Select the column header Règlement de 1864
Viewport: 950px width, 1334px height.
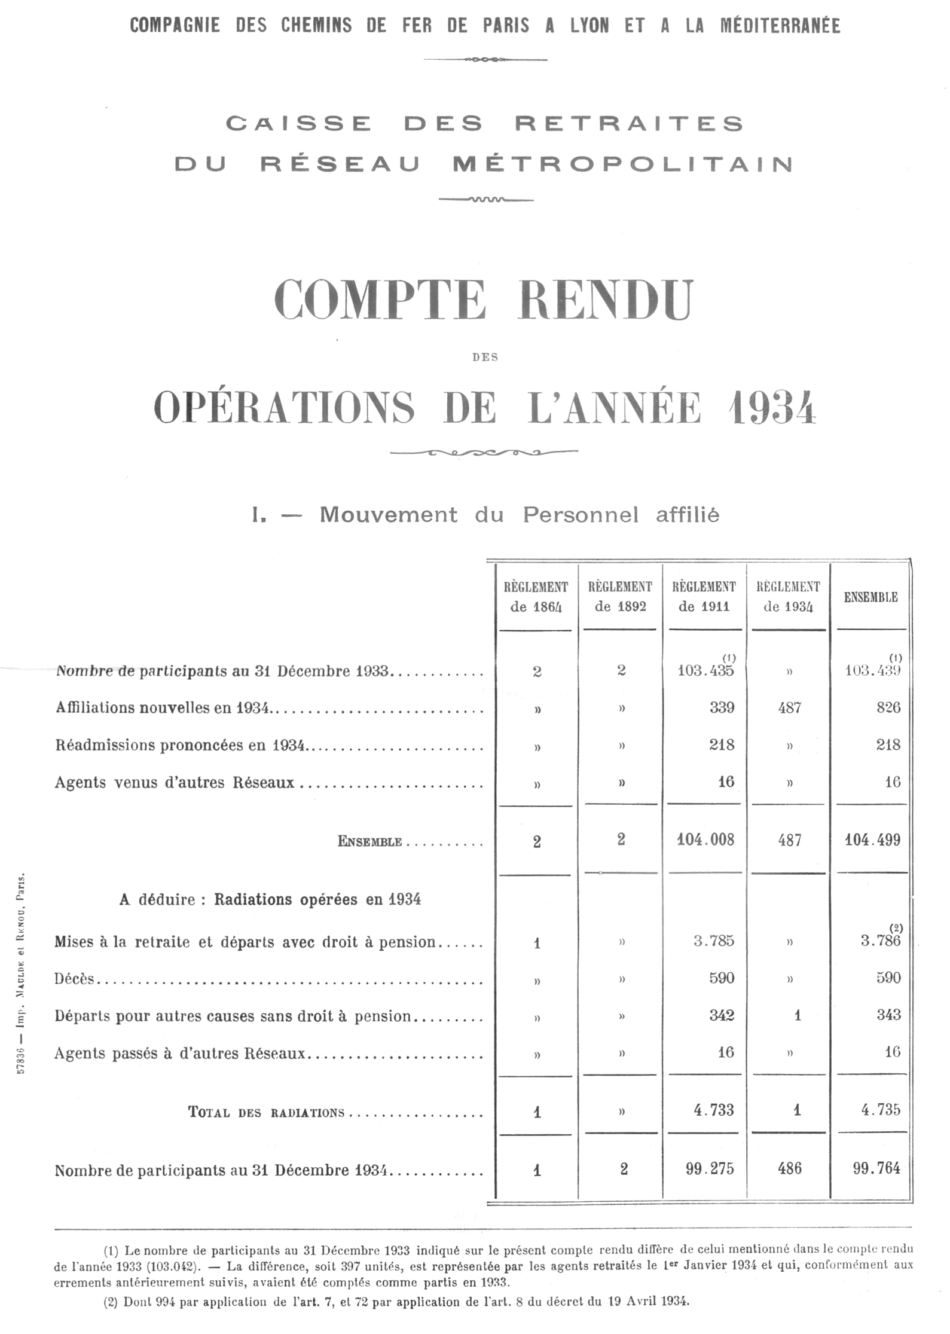pos(536,597)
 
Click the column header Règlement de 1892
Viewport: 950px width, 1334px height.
pos(620,597)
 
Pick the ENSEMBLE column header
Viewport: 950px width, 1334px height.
pos(870,597)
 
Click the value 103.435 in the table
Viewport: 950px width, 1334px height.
pos(705,670)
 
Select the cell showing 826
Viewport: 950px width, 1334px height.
pos(888,707)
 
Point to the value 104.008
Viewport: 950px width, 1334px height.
pos(705,840)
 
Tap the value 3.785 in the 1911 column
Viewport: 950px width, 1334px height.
pos(713,941)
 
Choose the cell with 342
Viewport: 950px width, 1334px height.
pos(721,1015)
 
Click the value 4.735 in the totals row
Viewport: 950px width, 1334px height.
pos(880,1110)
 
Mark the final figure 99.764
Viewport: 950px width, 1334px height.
pos(876,1168)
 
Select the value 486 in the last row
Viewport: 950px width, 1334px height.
pos(789,1168)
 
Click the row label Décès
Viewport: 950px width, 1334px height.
pos(74,978)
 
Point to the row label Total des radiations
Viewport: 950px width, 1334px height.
pos(266,1112)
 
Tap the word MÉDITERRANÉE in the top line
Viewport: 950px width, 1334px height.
pos(780,26)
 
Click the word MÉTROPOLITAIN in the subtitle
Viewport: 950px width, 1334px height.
pos(622,164)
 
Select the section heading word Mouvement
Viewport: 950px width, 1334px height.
pos(388,515)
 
